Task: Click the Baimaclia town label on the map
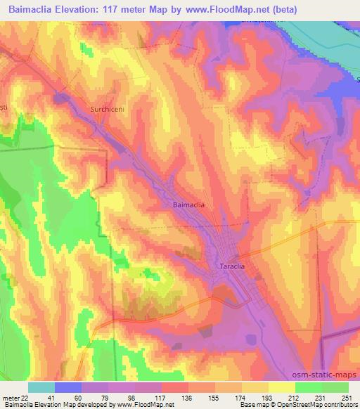point(188,204)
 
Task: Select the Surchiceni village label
point(108,110)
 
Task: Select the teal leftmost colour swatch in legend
point(41,387)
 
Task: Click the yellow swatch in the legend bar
point(281,387)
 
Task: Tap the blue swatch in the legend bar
point(68,387)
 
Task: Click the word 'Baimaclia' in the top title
point(34,10)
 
